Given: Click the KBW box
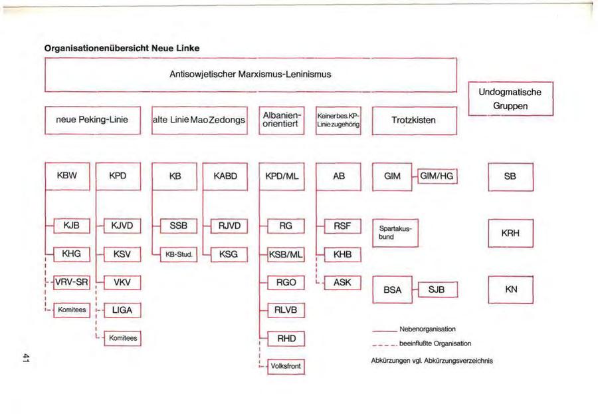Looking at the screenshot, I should tap(68, 176).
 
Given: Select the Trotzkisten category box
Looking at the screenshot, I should tap(415, 120).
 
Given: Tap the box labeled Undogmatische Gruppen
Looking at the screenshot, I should tap(510, 99).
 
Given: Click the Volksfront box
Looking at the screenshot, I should tap(286, 365).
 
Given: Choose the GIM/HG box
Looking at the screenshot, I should tap(437, 176).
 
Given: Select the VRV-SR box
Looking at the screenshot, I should tap(72, 282).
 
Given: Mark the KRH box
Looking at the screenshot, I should tap(510, 233).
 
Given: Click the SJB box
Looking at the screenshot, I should tap(437, 290).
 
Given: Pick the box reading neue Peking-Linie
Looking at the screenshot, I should tap(93, 120).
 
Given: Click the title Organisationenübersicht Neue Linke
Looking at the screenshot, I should tap(122, 49).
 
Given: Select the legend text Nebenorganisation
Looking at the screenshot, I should tap(427, 329).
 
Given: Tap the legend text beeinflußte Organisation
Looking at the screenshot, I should tap(435, 343).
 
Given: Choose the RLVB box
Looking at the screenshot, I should tap(286, 310).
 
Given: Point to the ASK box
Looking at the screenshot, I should tap(342, 282).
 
